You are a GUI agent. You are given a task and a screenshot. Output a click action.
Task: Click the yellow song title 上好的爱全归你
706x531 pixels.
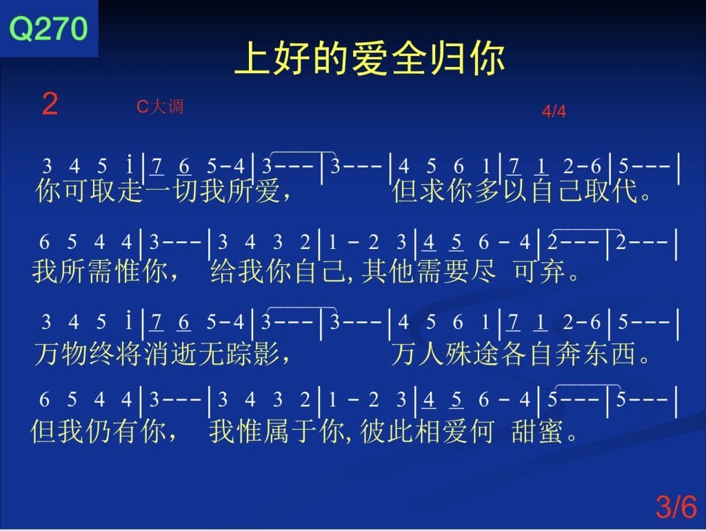click(370, 58)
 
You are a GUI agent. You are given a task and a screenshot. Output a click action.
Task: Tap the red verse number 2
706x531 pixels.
click(50, 103)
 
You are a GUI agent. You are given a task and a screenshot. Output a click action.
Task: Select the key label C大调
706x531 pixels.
click(160, 106)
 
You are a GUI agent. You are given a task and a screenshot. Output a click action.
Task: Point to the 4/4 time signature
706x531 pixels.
click(554, 111)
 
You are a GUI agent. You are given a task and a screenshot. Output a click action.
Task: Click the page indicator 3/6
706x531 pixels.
click(676, 506)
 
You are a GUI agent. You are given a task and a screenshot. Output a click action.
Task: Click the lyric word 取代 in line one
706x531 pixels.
click(611, 190)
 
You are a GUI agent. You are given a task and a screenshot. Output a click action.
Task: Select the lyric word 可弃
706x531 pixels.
click(539, 271)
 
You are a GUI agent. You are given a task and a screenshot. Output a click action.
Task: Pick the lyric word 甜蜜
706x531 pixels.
click(538, 430)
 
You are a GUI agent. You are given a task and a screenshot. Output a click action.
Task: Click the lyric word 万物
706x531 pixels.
click(61, 353)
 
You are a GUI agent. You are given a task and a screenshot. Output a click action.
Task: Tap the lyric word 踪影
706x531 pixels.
click(253, 353)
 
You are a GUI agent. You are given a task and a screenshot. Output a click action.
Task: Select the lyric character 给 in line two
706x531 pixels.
click(223, 271)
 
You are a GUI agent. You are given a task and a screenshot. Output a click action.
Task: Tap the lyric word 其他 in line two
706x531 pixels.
click(388, 271)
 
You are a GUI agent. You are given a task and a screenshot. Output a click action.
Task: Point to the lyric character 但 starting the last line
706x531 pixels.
click(43, 430)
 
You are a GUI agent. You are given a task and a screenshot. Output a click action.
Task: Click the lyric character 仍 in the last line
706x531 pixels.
click(99, 430)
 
